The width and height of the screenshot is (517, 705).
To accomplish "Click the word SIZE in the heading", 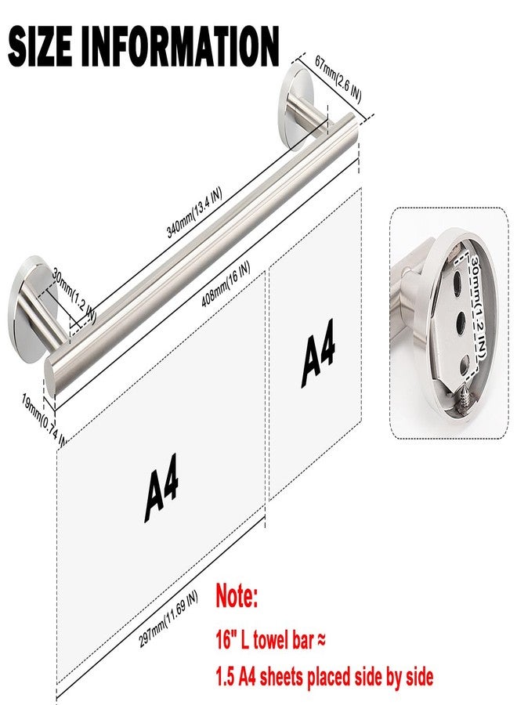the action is coord(40,46).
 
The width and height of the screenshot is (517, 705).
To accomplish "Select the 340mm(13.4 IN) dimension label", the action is coord(194,212).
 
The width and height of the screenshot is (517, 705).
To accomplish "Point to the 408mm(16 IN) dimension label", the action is coord(226,284).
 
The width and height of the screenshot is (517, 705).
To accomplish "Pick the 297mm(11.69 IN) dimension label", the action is coord(168,620).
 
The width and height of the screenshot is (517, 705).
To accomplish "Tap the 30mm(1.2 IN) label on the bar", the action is coord(74,295).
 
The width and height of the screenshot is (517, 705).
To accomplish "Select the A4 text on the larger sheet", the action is coord(162,488).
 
